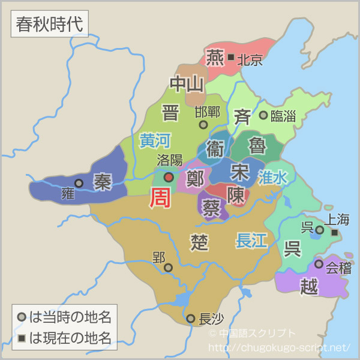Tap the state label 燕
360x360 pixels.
[214, 58]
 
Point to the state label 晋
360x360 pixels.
[170, 112]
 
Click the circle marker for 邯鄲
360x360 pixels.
[203, 125]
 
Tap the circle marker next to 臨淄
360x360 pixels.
[263, 115]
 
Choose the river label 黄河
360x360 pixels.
[155, 140]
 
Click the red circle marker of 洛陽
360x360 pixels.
[169, 177]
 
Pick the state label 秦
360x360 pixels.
[103, 182]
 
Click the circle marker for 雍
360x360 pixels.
[79, 183]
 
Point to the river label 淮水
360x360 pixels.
[273, 177]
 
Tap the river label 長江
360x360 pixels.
[251, 241]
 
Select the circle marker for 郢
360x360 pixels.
[168, 268]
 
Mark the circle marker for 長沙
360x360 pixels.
[190, 319]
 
